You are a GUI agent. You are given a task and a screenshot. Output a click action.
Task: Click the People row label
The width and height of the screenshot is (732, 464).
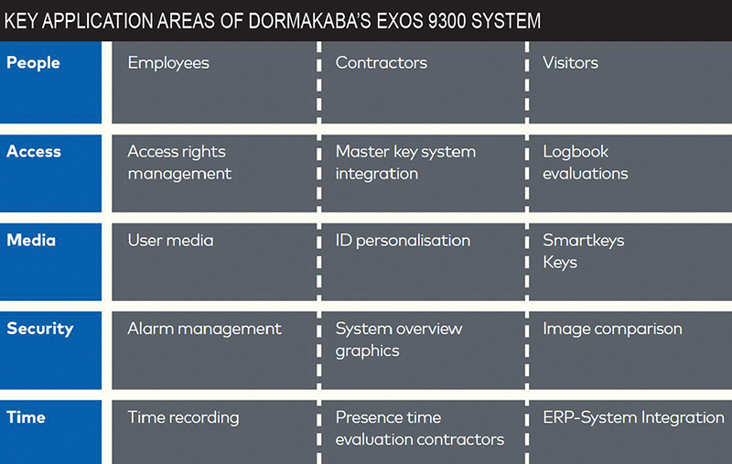tap(33, 63)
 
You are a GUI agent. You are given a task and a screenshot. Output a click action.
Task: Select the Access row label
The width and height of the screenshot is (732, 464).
tap(34, 151)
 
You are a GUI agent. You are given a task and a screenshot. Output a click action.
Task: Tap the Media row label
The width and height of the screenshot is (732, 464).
tap(31, 240)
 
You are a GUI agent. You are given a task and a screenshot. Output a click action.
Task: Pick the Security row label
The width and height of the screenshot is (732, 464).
tap(40, 329)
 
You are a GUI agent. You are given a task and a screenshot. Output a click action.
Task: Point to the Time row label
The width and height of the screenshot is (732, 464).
tap(27, 416)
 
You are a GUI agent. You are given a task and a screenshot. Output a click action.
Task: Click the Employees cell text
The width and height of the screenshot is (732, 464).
tap(168, 63)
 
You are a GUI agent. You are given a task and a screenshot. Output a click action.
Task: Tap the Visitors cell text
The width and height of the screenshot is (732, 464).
tap(570, 62)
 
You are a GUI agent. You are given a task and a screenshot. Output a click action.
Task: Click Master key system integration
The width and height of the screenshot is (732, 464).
tap(405, 163)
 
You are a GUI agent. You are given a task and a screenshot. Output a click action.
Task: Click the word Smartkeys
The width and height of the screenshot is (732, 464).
tap(583, 241)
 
